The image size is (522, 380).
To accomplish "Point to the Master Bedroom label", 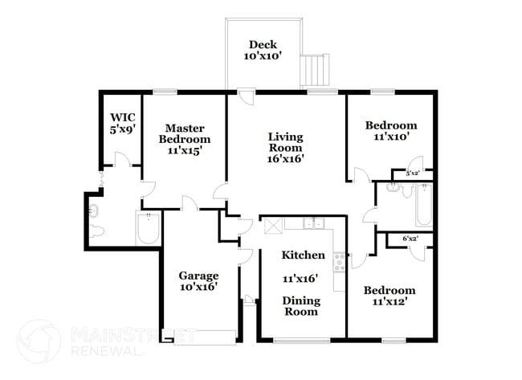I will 184,138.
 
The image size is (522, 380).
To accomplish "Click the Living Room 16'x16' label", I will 285,147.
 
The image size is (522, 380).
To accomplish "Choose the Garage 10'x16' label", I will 198,280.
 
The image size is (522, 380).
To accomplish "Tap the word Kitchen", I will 303,255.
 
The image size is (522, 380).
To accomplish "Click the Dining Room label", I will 301,306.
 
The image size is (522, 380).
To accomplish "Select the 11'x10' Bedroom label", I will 391,131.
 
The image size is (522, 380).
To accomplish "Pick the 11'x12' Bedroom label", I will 389,296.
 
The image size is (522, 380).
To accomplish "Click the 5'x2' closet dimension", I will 413,174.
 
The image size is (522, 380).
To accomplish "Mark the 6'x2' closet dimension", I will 410,239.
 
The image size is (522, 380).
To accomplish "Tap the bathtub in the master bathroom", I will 149,231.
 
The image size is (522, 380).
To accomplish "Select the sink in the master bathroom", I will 95,211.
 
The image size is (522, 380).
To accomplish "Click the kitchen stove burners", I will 339,260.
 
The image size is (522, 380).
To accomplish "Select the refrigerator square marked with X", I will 271,224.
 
